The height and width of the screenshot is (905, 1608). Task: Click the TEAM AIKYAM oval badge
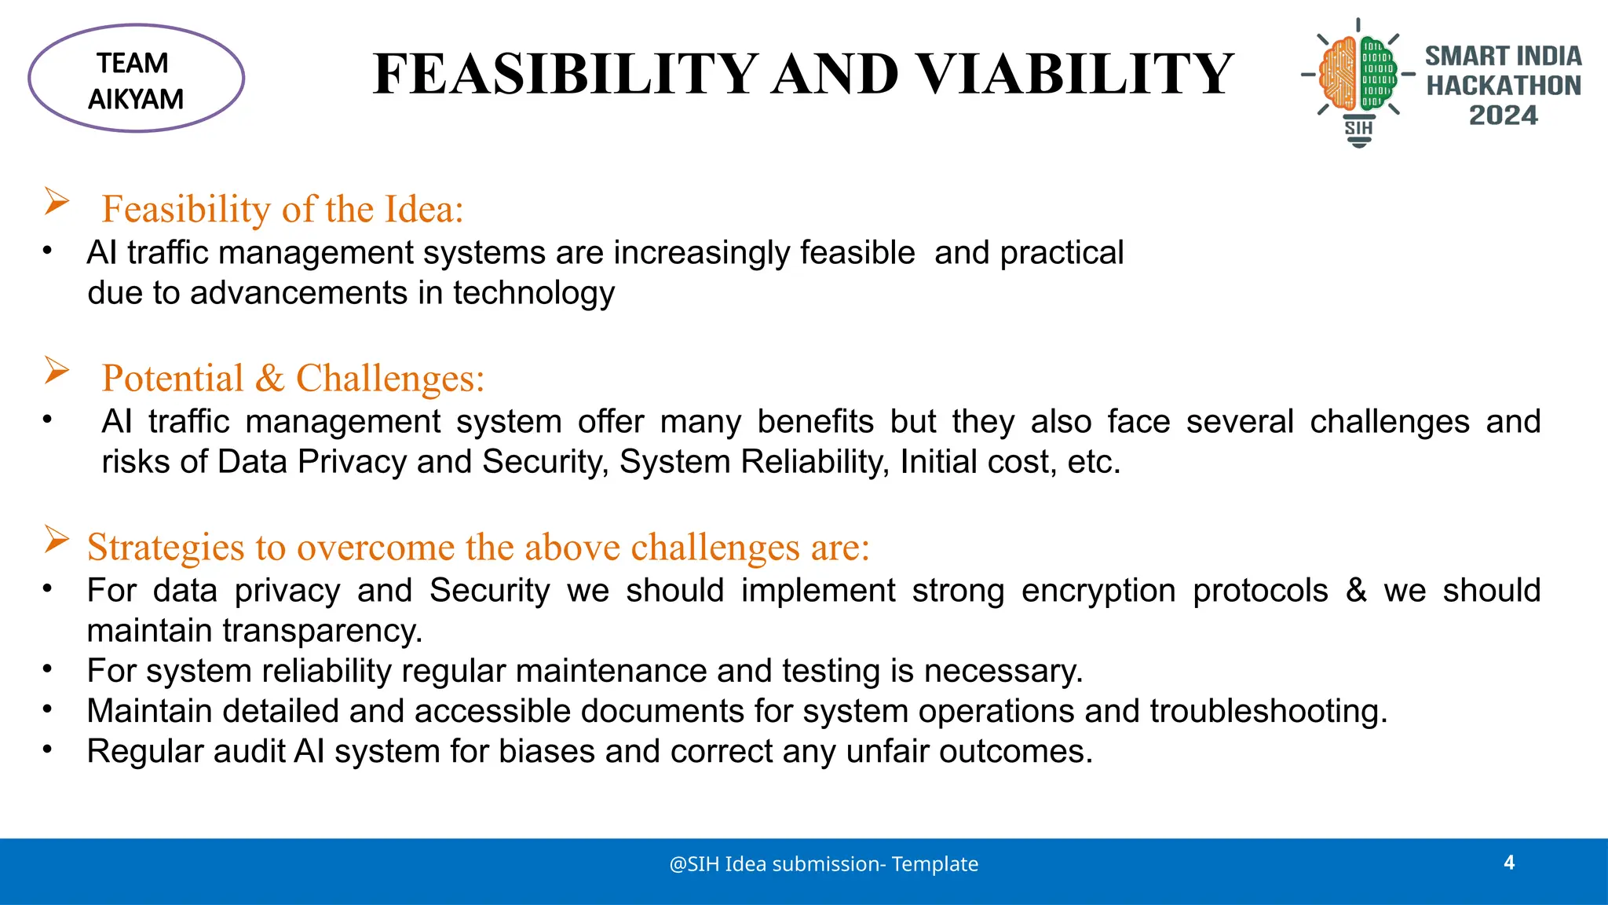[x=136, y=79]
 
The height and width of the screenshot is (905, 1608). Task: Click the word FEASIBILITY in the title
[x=565, y=75]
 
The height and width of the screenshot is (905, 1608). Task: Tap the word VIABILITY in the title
[x=1076, y=75]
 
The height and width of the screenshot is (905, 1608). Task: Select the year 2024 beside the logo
[x=1503, y=115]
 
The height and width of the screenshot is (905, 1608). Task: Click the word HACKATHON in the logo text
[x=1503, y=86]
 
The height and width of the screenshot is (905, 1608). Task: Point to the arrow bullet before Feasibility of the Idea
[x=57, y=202]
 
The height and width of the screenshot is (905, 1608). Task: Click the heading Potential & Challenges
[x=293, y=378]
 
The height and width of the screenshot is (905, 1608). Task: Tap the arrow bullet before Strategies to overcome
[x=57, y=540]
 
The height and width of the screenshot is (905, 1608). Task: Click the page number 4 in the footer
[x=1509, y=863]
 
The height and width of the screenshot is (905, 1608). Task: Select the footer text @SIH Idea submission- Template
[x=824, y=864]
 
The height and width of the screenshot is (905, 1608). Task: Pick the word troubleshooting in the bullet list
[x=1268, y=711]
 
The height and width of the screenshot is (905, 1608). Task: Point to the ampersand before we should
[x=1356, y=591]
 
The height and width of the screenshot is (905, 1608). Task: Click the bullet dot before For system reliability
[x=47, y=669]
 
